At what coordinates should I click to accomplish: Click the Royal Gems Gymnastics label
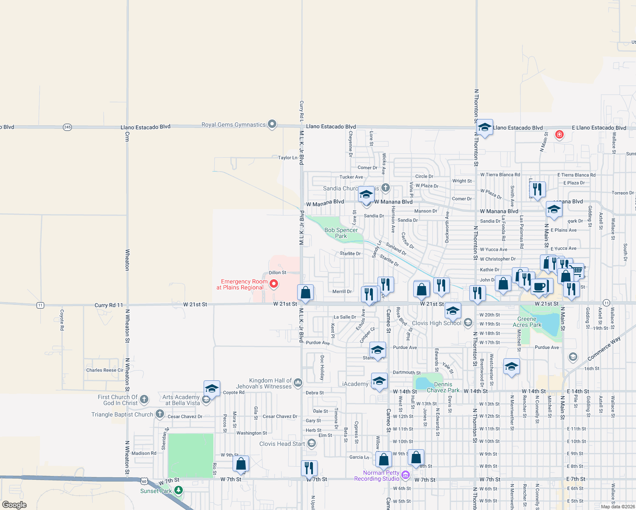233,125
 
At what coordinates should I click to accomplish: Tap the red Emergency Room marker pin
274,283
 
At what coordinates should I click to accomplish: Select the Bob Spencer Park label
341,233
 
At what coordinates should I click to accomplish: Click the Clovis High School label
436,323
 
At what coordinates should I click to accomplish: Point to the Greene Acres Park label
527,322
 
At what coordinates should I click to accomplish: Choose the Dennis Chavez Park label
443,387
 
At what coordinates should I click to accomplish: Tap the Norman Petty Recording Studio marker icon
406,475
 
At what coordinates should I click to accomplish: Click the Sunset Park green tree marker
179,490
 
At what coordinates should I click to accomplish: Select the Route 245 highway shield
67,127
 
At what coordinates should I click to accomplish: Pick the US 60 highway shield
144,481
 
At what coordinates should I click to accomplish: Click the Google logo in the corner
14,505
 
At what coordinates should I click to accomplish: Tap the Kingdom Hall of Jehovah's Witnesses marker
298,382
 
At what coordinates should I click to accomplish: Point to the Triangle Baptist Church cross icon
160,414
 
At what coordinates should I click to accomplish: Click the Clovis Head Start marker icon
312,444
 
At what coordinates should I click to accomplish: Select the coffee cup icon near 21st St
539,287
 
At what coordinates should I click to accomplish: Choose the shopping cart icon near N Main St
577,270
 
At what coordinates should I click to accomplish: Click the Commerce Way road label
604,348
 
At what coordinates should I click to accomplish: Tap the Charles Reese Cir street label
105,370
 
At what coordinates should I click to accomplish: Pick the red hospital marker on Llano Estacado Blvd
559,135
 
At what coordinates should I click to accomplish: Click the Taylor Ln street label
288,158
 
